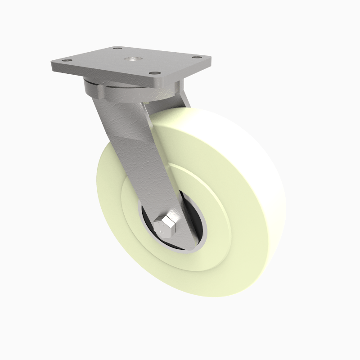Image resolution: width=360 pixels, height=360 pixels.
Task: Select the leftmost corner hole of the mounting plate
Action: tap(66, 60)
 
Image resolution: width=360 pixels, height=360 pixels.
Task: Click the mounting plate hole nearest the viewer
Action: tap(153, 73)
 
